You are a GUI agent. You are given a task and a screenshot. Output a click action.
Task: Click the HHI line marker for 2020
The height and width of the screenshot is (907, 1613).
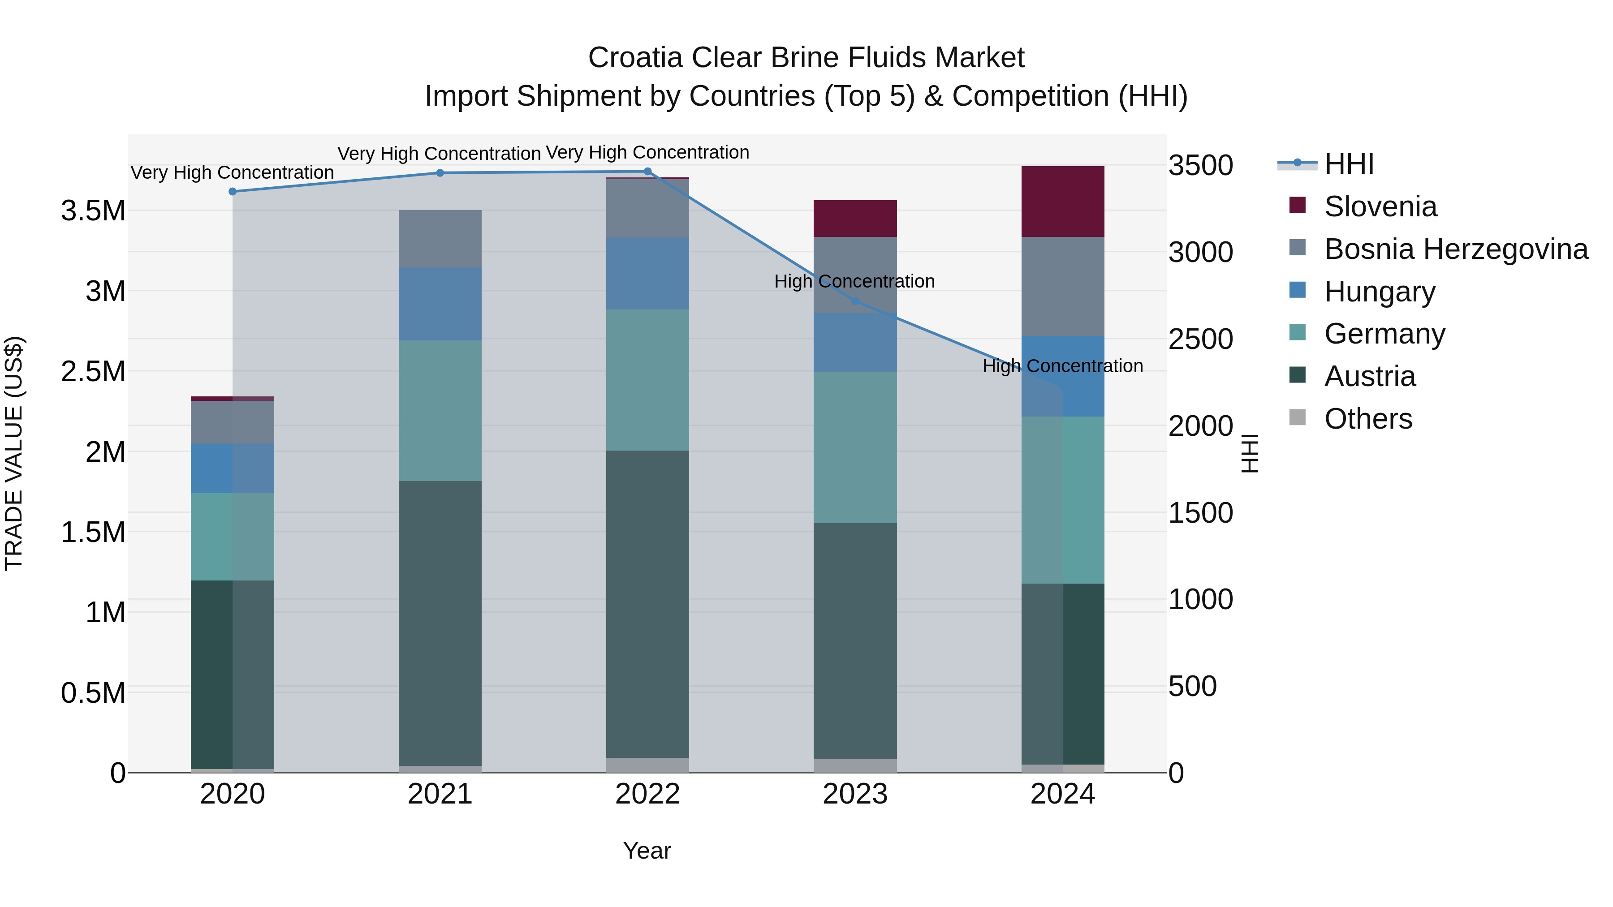232,192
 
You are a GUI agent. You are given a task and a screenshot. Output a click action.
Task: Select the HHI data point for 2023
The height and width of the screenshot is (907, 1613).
855,301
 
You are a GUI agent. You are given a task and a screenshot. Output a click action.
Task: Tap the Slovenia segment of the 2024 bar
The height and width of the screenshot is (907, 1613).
1063,202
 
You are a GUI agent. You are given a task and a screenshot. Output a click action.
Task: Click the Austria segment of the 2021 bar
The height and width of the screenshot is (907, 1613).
440,623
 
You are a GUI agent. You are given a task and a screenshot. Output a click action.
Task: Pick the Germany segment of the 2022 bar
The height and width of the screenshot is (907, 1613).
647,380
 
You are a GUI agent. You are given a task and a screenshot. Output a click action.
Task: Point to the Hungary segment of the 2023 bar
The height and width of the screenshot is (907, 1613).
855,342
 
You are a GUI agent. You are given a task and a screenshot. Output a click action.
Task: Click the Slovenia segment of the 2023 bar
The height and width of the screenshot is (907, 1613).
855,219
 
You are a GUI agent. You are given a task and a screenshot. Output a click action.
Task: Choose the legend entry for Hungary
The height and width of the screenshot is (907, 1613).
1380,292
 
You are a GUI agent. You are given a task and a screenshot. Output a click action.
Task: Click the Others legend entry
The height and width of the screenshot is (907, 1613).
1368,419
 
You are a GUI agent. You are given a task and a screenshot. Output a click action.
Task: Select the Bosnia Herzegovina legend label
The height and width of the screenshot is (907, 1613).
1456,249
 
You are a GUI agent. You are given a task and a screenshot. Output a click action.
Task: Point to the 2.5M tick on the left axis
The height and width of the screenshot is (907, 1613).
93,371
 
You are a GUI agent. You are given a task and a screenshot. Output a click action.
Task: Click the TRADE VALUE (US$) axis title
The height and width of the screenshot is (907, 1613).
14,453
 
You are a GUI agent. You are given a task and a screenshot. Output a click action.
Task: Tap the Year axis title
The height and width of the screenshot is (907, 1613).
647,851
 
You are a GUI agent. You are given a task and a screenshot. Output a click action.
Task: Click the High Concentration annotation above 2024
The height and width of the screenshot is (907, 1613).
1063,366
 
